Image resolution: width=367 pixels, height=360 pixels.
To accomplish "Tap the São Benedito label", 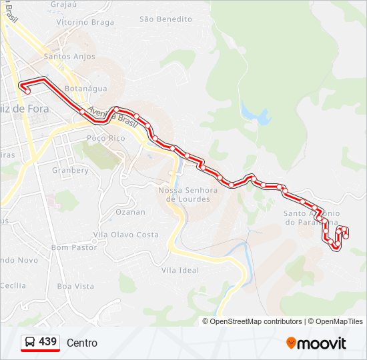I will tap(165, 19).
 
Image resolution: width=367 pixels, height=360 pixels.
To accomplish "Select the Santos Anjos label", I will tap(69, 57).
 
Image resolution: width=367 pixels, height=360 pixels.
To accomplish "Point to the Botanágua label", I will tap(85, 88).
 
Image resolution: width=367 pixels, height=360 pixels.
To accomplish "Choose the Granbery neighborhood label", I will tap(70, 170).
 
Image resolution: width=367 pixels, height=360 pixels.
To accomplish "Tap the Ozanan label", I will tap(130, 212).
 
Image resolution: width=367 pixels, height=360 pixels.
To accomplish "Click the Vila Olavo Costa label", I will tap(125, 235).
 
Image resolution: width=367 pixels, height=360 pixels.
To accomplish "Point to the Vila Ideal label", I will tap(180, 270).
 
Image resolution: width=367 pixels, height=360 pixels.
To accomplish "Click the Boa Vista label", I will tap(75, 286).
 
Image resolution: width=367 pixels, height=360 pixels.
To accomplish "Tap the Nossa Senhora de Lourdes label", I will tap(188, 195).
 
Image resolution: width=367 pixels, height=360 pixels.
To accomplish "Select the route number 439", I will tap(47, 342).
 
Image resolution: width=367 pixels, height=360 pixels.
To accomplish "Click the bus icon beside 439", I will tap(30, 342).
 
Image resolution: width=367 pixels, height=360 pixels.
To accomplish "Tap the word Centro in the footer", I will tap(82, 343).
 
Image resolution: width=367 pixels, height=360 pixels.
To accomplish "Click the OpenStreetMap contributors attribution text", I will tap(256, 321).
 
